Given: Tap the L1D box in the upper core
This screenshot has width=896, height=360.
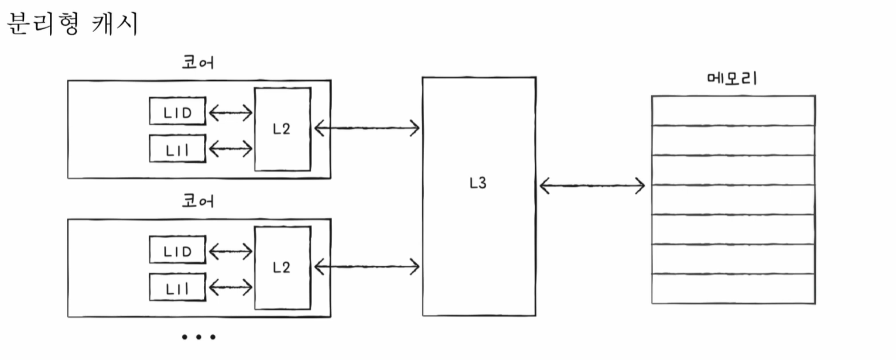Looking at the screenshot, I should [x=177, y=111].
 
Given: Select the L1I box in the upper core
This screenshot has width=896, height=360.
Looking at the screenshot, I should [x=177, y=149].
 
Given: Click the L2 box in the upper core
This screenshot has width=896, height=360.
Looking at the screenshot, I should [x=282, y=129].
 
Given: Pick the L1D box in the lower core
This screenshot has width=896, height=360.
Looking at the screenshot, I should [x=177, y=251].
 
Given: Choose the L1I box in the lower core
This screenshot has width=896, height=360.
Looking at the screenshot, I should [x=177, y=287].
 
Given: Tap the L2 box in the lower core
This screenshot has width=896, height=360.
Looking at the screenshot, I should [x=282, y=268].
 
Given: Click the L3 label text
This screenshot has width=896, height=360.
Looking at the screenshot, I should [x=478, y=183].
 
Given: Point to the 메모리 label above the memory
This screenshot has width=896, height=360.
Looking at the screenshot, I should [x=732, y=78].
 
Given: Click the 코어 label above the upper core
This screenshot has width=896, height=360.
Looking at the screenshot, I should [x=198, y=63].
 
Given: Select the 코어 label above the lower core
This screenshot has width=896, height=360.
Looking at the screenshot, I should [x=198, y=201].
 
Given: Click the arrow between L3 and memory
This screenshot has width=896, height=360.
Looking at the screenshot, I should [x=592, y=186].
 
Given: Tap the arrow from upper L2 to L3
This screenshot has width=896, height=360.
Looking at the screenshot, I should [x=367, y=127].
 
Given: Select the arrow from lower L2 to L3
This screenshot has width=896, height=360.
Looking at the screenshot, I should [x=367, y=267].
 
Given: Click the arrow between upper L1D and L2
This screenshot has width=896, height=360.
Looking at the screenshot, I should [x=230, y=112].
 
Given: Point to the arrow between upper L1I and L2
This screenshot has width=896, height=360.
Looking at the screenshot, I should [x=230, y=149].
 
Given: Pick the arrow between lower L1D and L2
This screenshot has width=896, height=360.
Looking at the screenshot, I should [x=230, y=251].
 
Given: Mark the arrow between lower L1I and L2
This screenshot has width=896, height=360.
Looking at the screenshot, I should [x=230, y=287].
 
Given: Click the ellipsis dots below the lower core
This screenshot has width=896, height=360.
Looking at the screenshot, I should [x=199, y=337].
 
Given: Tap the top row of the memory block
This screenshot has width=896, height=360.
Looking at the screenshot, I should [x=733, y=111].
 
